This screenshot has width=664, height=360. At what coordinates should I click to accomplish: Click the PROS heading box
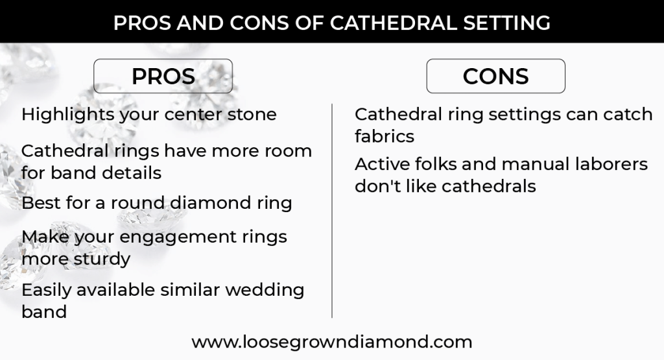click(163, 76)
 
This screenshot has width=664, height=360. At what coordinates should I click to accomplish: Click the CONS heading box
click(495, 76)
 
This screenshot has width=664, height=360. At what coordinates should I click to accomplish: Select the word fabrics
click(384, 136)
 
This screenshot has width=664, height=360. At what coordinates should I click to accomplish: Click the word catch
click(626, 115)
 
